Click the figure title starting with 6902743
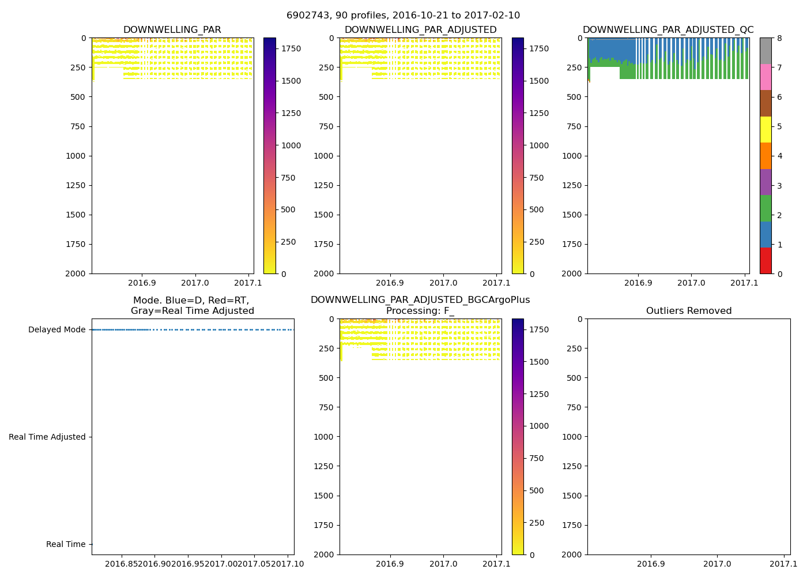403,16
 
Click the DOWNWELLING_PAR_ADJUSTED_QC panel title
668,30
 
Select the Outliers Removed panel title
689,311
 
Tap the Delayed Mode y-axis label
56,330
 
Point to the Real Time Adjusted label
47,437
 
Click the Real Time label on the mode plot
66,545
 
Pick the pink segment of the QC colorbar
765,77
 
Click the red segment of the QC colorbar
765,261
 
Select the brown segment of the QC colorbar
765,103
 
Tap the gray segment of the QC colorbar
765,51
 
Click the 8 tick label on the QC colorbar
779,39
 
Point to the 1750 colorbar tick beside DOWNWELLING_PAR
291,49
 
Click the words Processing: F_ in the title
420,311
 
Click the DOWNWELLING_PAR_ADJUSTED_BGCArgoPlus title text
420,300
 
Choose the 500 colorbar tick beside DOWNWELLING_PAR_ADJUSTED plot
537,210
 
